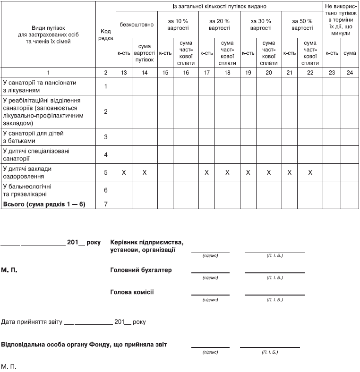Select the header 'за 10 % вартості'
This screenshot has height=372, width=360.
pyautogui.click(x=178, y=25)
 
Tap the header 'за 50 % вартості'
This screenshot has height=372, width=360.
pyautogui.click(x=302, y=25)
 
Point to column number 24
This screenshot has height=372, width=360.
pyautogui.click(x=350, y=73)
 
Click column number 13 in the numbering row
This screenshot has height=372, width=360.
pyautogui.click(x=124, y=73)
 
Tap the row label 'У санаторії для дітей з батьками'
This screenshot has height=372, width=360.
pyautogui.click(x=33, y=137)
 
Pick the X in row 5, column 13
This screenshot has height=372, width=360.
pyautogui.click(x=124, y=173)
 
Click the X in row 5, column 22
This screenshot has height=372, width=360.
pyautogui.click(x=310, y=173)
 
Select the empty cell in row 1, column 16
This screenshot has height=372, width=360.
pyautogui.click(x=186, y=86)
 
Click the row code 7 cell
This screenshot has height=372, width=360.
pyautogui.click(x=106, y=204)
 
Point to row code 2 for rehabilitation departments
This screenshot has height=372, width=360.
pyautogui.click(x=106, y=112)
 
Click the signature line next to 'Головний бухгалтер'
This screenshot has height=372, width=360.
pyautogui.click(x=210, y=273)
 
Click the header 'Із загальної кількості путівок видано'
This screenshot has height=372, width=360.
pyautogui.click(x=219, y=7)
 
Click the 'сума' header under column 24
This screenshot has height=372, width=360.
pyautogui.click(x=350, y=53)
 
